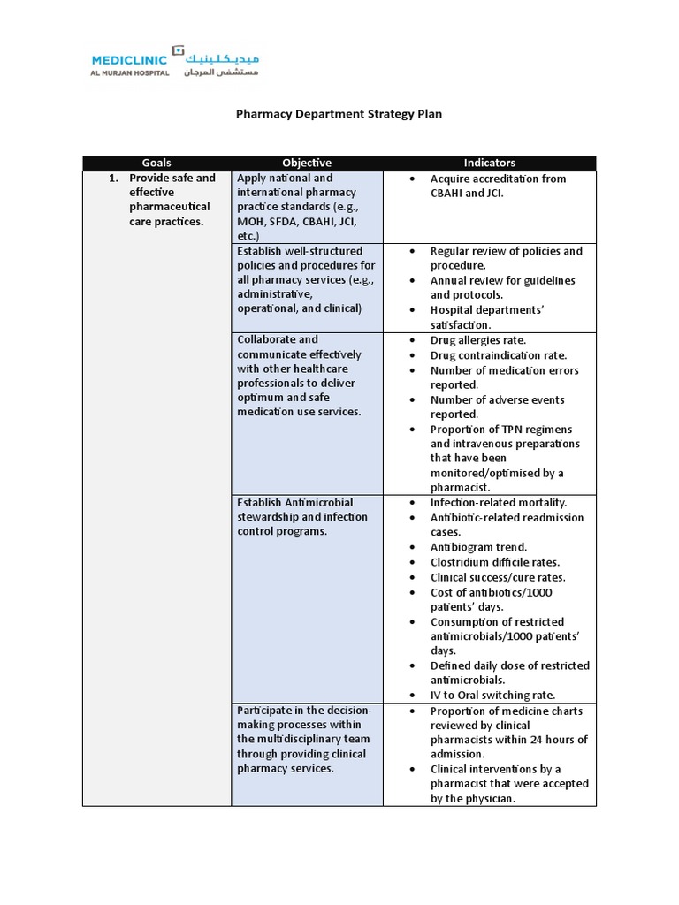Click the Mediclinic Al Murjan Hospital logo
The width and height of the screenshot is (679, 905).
(175, 61)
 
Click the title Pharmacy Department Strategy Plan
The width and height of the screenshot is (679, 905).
(338, 114)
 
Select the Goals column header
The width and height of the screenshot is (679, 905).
(156, 163)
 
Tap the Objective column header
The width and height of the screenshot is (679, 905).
(307, 163)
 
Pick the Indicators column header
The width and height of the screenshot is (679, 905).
(489, 163)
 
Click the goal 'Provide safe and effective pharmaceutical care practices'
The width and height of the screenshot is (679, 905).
(172, 200)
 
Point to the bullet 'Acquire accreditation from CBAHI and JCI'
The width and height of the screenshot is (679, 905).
(498, 186)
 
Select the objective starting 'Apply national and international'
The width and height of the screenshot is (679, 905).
(296, 207)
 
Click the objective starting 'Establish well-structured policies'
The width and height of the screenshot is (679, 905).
(306, 279)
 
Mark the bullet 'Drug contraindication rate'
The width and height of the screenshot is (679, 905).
(498, 355)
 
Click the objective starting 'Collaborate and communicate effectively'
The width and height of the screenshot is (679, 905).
(299, 376)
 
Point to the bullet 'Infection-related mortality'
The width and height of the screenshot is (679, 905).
(498, 503)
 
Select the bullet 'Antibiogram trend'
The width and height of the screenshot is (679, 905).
(478, 547)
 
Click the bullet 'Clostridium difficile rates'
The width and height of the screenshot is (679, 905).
(494, 562)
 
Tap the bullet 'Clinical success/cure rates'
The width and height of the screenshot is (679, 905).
(497, 577)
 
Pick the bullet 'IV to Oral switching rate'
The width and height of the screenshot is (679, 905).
(492, 696)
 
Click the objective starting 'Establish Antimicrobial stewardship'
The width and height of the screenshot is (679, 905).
(301, 517)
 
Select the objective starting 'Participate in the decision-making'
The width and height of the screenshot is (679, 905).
(303, 740)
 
